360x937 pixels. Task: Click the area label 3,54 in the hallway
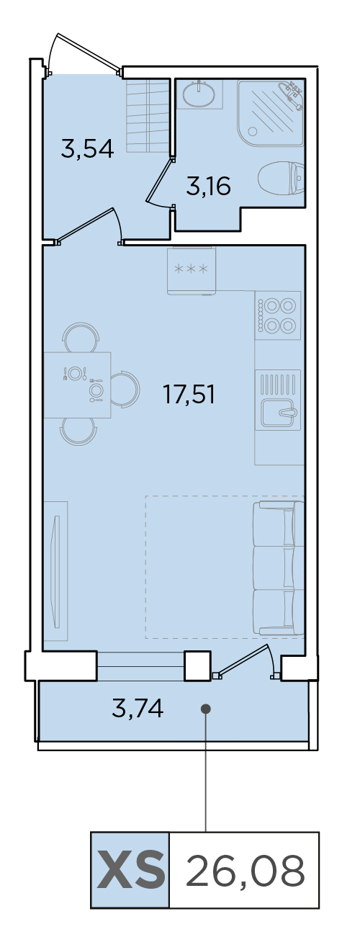(87, 149)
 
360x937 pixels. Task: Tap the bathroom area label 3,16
(208, 186)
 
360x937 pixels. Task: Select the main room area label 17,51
(189, 395)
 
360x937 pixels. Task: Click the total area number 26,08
(245, 871)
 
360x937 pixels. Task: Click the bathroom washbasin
(199, 94)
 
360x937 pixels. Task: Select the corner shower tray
(271, 112)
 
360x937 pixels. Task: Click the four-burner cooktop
(278, 315)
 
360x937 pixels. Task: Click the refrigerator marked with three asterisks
(192, 270)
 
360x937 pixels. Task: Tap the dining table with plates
(77, 385)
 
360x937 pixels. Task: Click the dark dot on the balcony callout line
(205, 709)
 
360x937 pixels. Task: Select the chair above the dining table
(81, 337)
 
